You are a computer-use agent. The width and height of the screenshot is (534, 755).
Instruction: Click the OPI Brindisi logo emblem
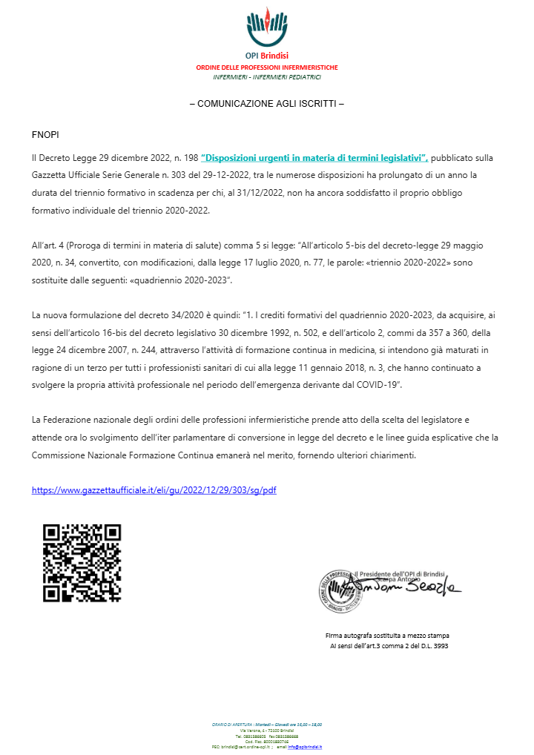(267, 27)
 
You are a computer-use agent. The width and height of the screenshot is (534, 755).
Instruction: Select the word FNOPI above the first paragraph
(45, 136)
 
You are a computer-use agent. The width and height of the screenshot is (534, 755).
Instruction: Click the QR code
(82, 563)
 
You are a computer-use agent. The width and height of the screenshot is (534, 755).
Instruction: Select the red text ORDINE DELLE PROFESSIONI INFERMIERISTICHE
(267, 67)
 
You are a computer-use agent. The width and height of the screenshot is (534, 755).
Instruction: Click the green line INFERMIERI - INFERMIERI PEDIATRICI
(267, 77)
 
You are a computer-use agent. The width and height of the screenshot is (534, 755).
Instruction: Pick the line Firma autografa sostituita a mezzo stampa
(386, 636)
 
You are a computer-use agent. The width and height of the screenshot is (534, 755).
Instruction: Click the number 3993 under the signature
(439, 646)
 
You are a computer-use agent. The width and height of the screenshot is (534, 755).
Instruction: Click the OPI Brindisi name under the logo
(267, 56)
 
